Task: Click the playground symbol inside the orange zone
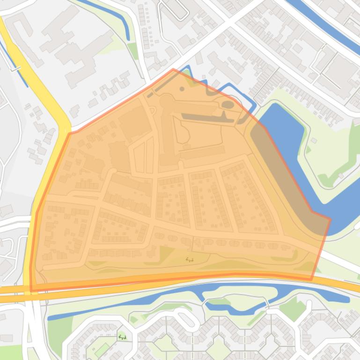190,259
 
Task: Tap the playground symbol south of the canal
122,337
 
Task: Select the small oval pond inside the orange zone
228,104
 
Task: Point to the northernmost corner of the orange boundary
173,70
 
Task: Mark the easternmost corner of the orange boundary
330,219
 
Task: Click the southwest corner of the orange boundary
31,290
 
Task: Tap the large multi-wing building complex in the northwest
75,47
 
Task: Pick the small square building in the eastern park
315,140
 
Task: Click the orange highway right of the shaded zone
342,284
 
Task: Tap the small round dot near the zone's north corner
182,89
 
